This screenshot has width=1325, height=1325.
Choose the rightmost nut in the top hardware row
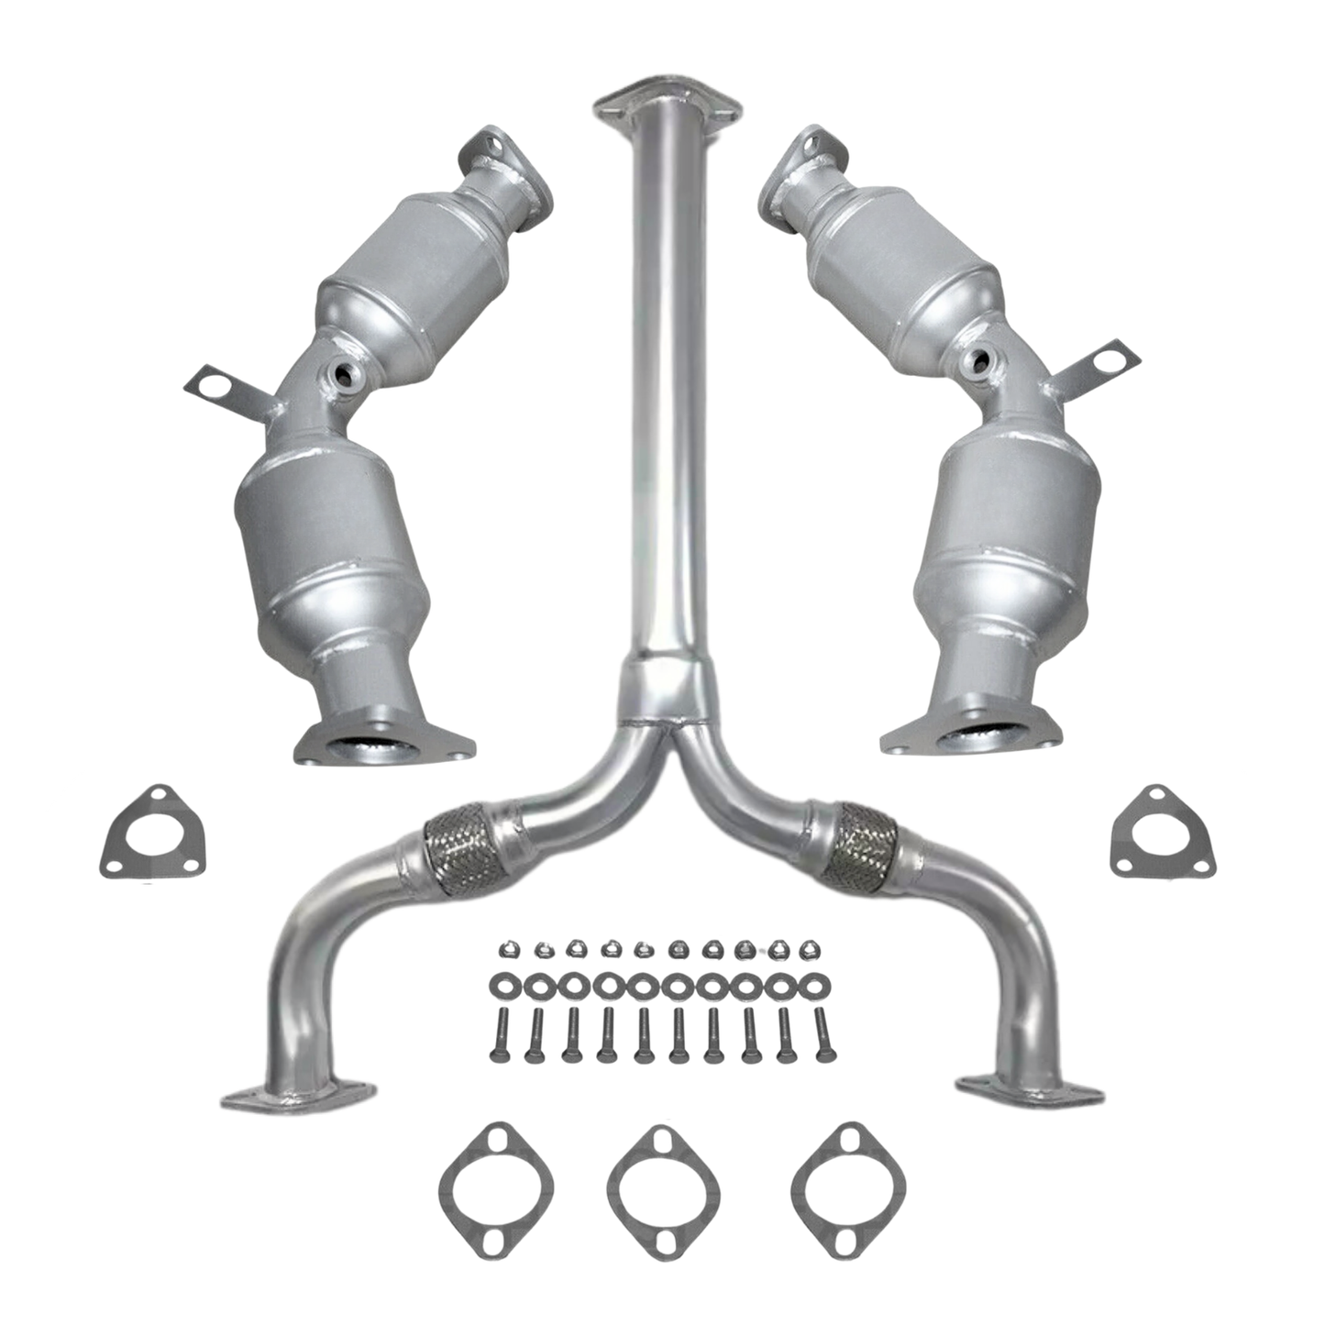[808, 948]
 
